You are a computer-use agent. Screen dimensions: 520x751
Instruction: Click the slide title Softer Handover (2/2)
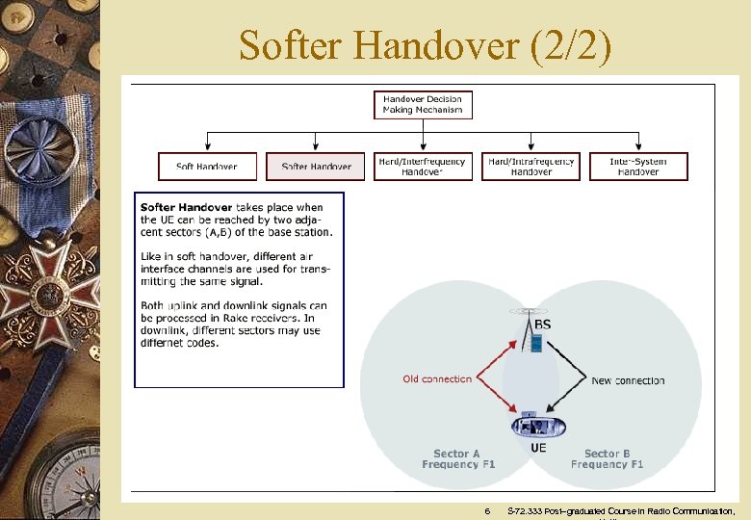tap(425, 44)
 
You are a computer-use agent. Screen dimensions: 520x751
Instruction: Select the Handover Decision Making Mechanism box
tap(423, 104)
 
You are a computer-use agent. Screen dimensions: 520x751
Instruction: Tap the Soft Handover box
tap(207, 167)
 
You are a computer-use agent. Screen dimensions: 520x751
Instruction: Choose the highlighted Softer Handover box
tap(316, 167)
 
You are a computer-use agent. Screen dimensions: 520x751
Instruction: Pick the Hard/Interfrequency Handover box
tap(422, 167)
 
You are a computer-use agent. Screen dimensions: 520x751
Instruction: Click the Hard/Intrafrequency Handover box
tap(531, 167)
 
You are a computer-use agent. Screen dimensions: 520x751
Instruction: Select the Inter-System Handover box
tap(638, 167)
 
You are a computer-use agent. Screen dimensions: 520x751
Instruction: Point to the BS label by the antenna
tap(543, 325)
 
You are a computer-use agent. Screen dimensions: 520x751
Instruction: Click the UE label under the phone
tap(539, 447)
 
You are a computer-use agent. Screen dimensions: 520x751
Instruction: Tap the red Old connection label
tap(437, 379)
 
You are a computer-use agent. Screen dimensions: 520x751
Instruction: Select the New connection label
tap(628, 380)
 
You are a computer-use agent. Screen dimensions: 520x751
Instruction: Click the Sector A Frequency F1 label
tap(456, 458)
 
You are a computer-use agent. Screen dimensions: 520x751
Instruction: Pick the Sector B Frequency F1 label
tap(607, 458)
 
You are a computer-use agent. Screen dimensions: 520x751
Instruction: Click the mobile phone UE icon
tap(537, 424)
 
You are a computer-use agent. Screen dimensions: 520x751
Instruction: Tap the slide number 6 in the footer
tap(487, 510)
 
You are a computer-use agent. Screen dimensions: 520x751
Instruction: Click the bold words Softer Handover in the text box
tap(186, 207)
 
